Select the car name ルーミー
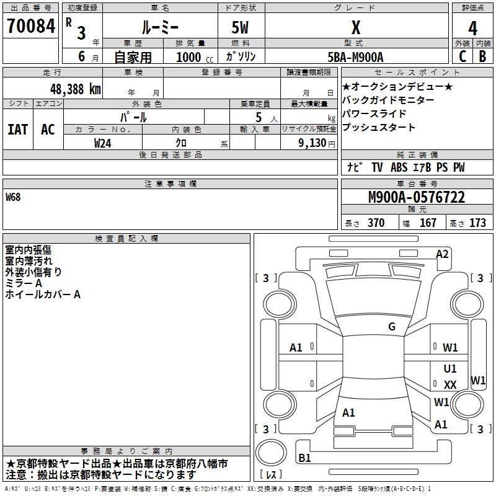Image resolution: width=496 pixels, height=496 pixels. pyautogui.click(x=160, y=27)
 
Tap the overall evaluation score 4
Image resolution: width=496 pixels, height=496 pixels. pyautogui.click(x=472, y=29)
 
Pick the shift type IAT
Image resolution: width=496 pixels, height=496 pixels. pyautogui.click(x=17, y=130)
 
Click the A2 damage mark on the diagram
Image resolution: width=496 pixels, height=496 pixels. pyautogui.click(x=442, y=254)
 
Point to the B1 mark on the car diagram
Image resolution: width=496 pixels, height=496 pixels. pyautogui.click(x=304, y=458)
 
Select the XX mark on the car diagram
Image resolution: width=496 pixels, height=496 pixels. pyautogui.click(x=450, y=385)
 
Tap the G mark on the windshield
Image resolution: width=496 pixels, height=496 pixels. pyautogui.click(x=391, y=327)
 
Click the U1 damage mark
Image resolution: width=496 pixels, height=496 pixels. pyautogui.click(x=450, y=369)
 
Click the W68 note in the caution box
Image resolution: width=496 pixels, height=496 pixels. pyautogui.click(x=13, y=198)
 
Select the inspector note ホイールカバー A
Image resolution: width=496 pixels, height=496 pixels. pyautogui.click(x=43, y=294)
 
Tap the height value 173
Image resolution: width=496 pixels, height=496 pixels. pyautogui.click(x=477, y=223)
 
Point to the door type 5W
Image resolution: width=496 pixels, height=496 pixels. pyautogui.click(x=241, y=27)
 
